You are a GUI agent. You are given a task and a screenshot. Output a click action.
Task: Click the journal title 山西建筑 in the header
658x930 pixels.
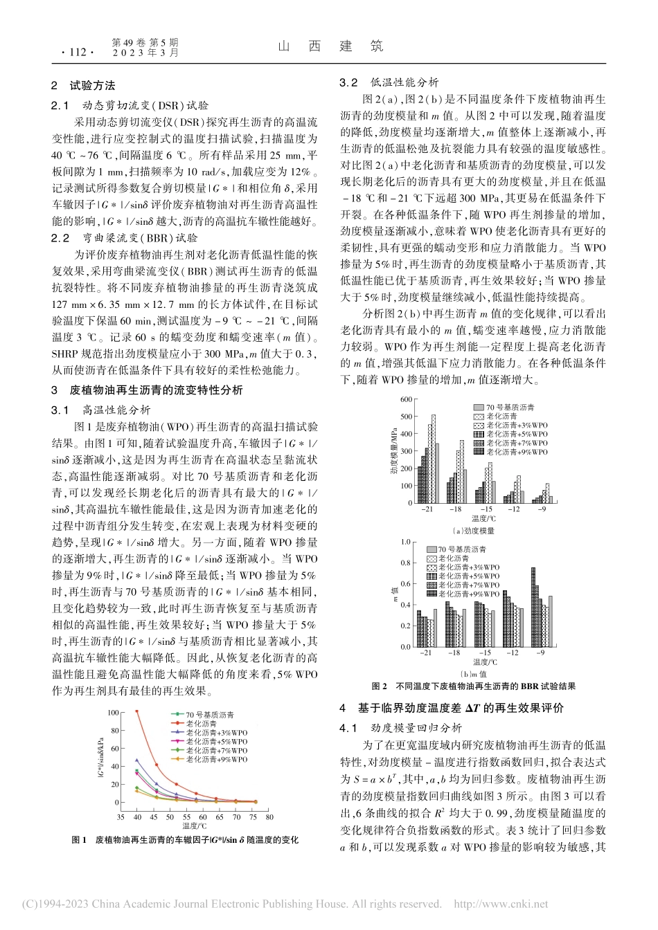coord(330,46)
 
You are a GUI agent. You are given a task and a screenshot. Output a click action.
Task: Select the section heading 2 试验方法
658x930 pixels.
coord(83,86)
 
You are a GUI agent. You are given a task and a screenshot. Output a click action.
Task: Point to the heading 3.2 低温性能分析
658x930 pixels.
coord(389,82)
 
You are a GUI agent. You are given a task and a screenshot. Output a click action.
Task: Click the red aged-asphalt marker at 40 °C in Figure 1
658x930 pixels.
coord(136,711)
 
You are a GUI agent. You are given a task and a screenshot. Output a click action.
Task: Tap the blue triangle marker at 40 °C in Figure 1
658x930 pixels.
coord(136,760)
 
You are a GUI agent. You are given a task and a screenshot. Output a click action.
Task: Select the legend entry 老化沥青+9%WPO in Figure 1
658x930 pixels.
coord(215,760)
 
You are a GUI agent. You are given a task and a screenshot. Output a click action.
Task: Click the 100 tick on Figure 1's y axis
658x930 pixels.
coord(113,713)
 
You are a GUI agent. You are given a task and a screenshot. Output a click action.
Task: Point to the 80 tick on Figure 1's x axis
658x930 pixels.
coord(269,817)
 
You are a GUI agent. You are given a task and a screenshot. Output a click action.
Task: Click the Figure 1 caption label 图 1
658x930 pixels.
coord(79,840)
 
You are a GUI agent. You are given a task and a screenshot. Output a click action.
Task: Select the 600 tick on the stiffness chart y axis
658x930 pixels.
coord(406,400)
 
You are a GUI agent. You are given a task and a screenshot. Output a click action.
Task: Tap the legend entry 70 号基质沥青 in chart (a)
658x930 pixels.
coord(510,408)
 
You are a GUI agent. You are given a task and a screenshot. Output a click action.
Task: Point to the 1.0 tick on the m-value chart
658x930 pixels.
coord(406,542)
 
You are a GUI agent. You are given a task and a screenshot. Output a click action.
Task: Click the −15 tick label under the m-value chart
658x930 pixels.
coord(485,653)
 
